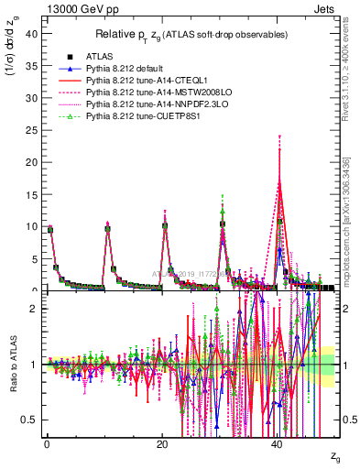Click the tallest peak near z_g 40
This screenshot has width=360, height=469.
(x=279, y=149)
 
